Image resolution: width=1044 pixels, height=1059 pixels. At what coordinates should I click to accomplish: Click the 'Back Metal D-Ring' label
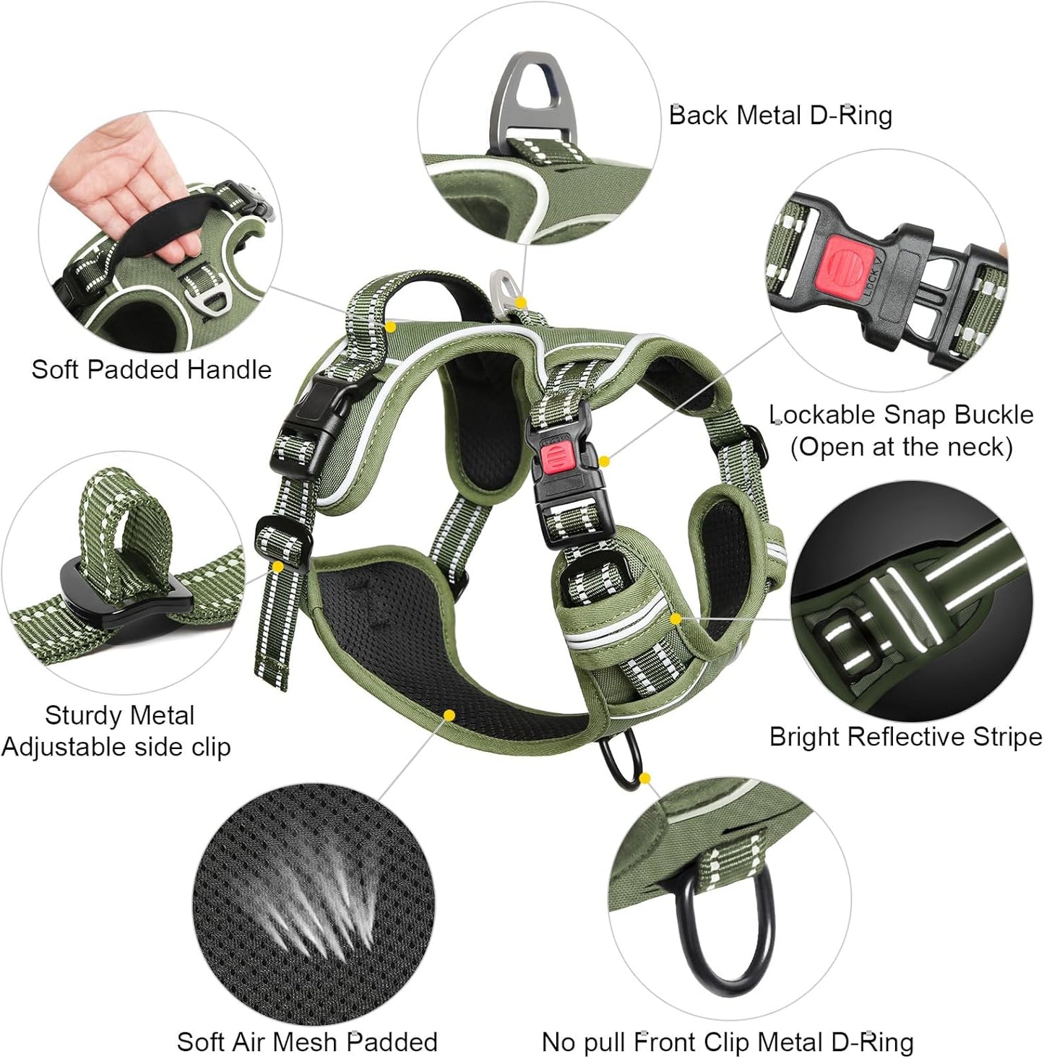point(780,116)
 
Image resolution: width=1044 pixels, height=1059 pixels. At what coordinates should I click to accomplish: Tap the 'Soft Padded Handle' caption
point(152,370)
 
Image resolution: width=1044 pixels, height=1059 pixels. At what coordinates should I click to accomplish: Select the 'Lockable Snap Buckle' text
point(901,415)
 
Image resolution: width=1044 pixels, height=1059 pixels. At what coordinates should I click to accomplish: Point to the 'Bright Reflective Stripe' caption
point(905,737)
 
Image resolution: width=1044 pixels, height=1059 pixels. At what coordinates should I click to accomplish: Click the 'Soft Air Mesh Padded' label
point(307,1042)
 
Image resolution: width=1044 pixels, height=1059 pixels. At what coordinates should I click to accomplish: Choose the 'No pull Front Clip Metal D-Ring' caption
point(728,1042)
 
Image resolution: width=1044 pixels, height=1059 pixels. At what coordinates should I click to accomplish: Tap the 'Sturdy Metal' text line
point(119,715)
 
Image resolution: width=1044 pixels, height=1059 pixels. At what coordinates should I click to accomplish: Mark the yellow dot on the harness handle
point(390,327)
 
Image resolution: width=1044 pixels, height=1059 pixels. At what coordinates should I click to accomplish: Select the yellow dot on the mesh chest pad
point(449,715)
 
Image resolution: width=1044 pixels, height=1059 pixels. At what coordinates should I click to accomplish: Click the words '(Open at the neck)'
point(901,446)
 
